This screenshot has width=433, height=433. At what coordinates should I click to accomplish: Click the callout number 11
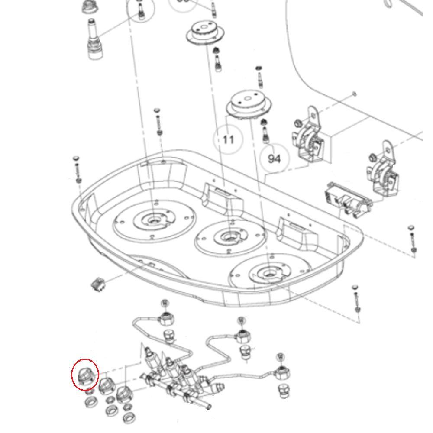pos(228,139)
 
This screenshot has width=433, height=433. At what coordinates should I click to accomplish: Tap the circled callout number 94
pos(274,159)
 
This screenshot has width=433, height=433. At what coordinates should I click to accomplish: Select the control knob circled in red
pos(84,375)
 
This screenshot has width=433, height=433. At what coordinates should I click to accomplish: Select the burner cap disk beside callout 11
pos(249,105)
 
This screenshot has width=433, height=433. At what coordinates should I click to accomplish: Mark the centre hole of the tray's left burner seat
pos(153,220)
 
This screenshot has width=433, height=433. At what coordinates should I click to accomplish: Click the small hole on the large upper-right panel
pos(355,94)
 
